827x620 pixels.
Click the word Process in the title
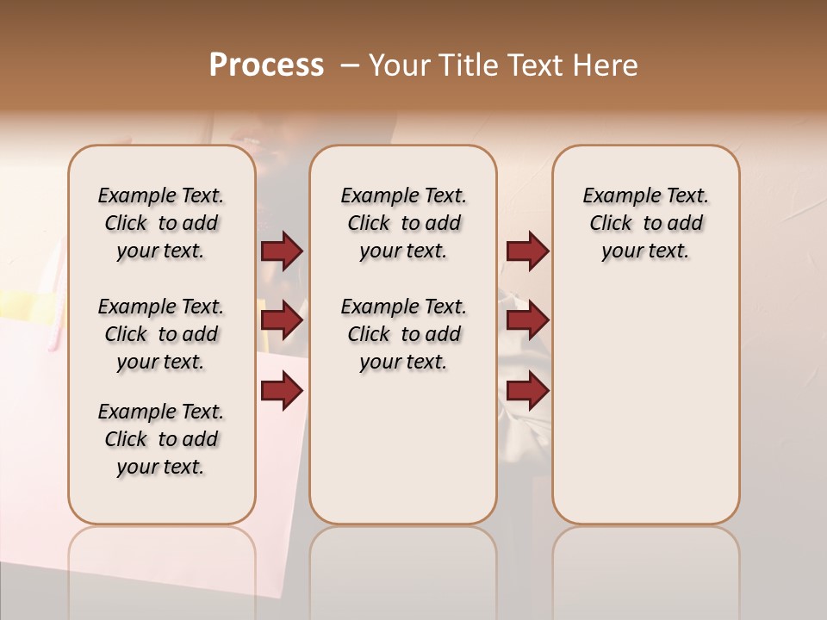(266, 65)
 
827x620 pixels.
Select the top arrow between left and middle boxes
(282, 251)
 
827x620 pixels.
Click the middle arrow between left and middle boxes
(282, 321)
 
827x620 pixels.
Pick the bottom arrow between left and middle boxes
(282, 391)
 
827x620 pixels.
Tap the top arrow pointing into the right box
(527, 251)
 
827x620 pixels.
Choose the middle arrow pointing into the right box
(527, 321)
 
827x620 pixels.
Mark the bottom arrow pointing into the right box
(527, 391)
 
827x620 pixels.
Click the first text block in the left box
(161, 223)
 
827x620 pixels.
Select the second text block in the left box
(161, 334)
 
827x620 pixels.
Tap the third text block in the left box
(161, 439)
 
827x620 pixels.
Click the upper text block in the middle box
(403, 223)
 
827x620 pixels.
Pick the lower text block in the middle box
(403, 334)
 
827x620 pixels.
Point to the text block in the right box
(645, 223)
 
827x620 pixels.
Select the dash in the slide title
(350, 65)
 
